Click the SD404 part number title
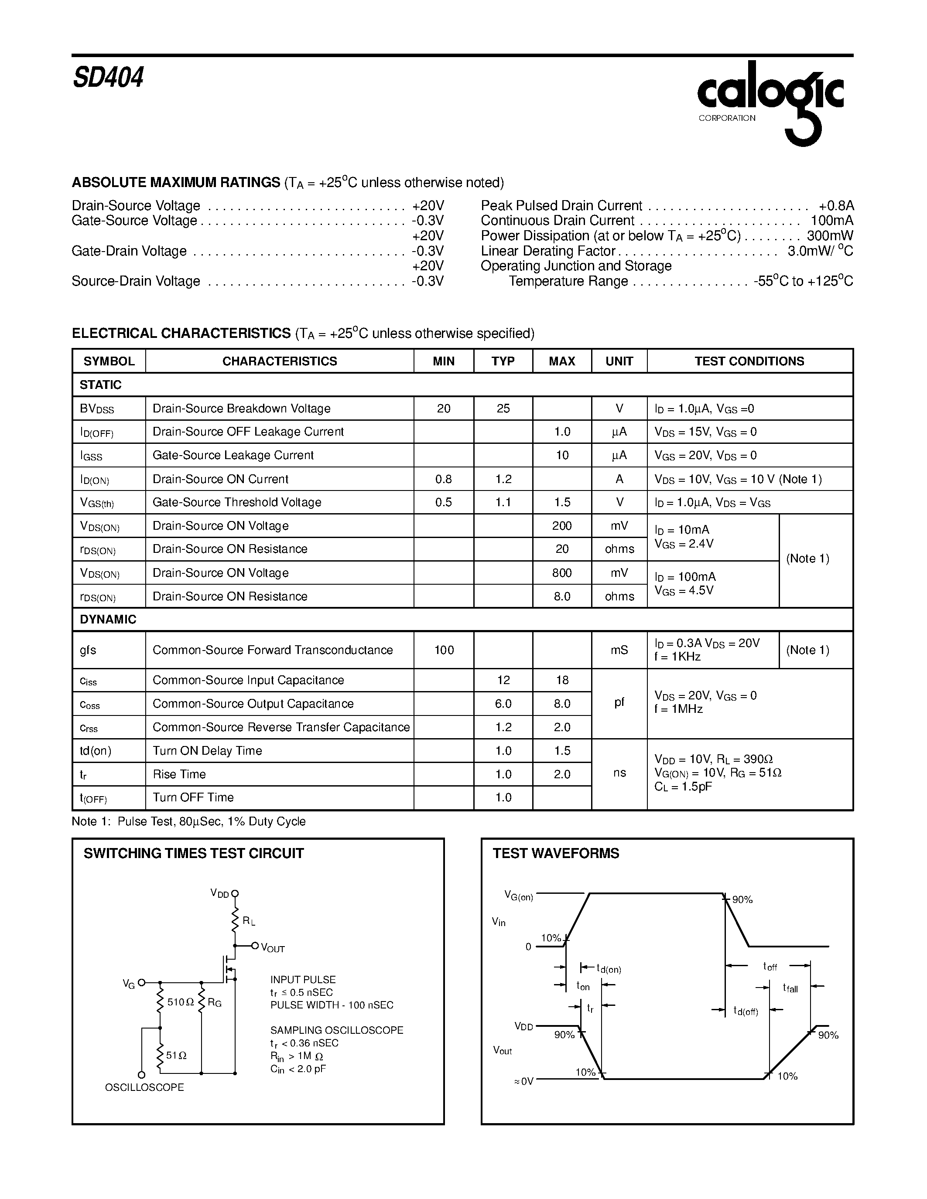(108, 78)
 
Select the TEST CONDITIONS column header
(749, 361)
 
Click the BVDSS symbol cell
(97, 409)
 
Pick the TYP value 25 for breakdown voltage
(503, 409)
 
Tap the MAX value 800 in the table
(562, 572)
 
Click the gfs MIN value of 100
(444, 650)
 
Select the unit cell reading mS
(619, 650)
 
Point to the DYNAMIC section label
(108, 619)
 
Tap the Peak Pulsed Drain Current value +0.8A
(836, 206)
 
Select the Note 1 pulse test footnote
(188, 821)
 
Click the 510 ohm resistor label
(180, 1002)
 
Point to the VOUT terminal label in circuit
(272, 948)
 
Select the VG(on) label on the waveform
(518, 896)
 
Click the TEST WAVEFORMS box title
(555, 853)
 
